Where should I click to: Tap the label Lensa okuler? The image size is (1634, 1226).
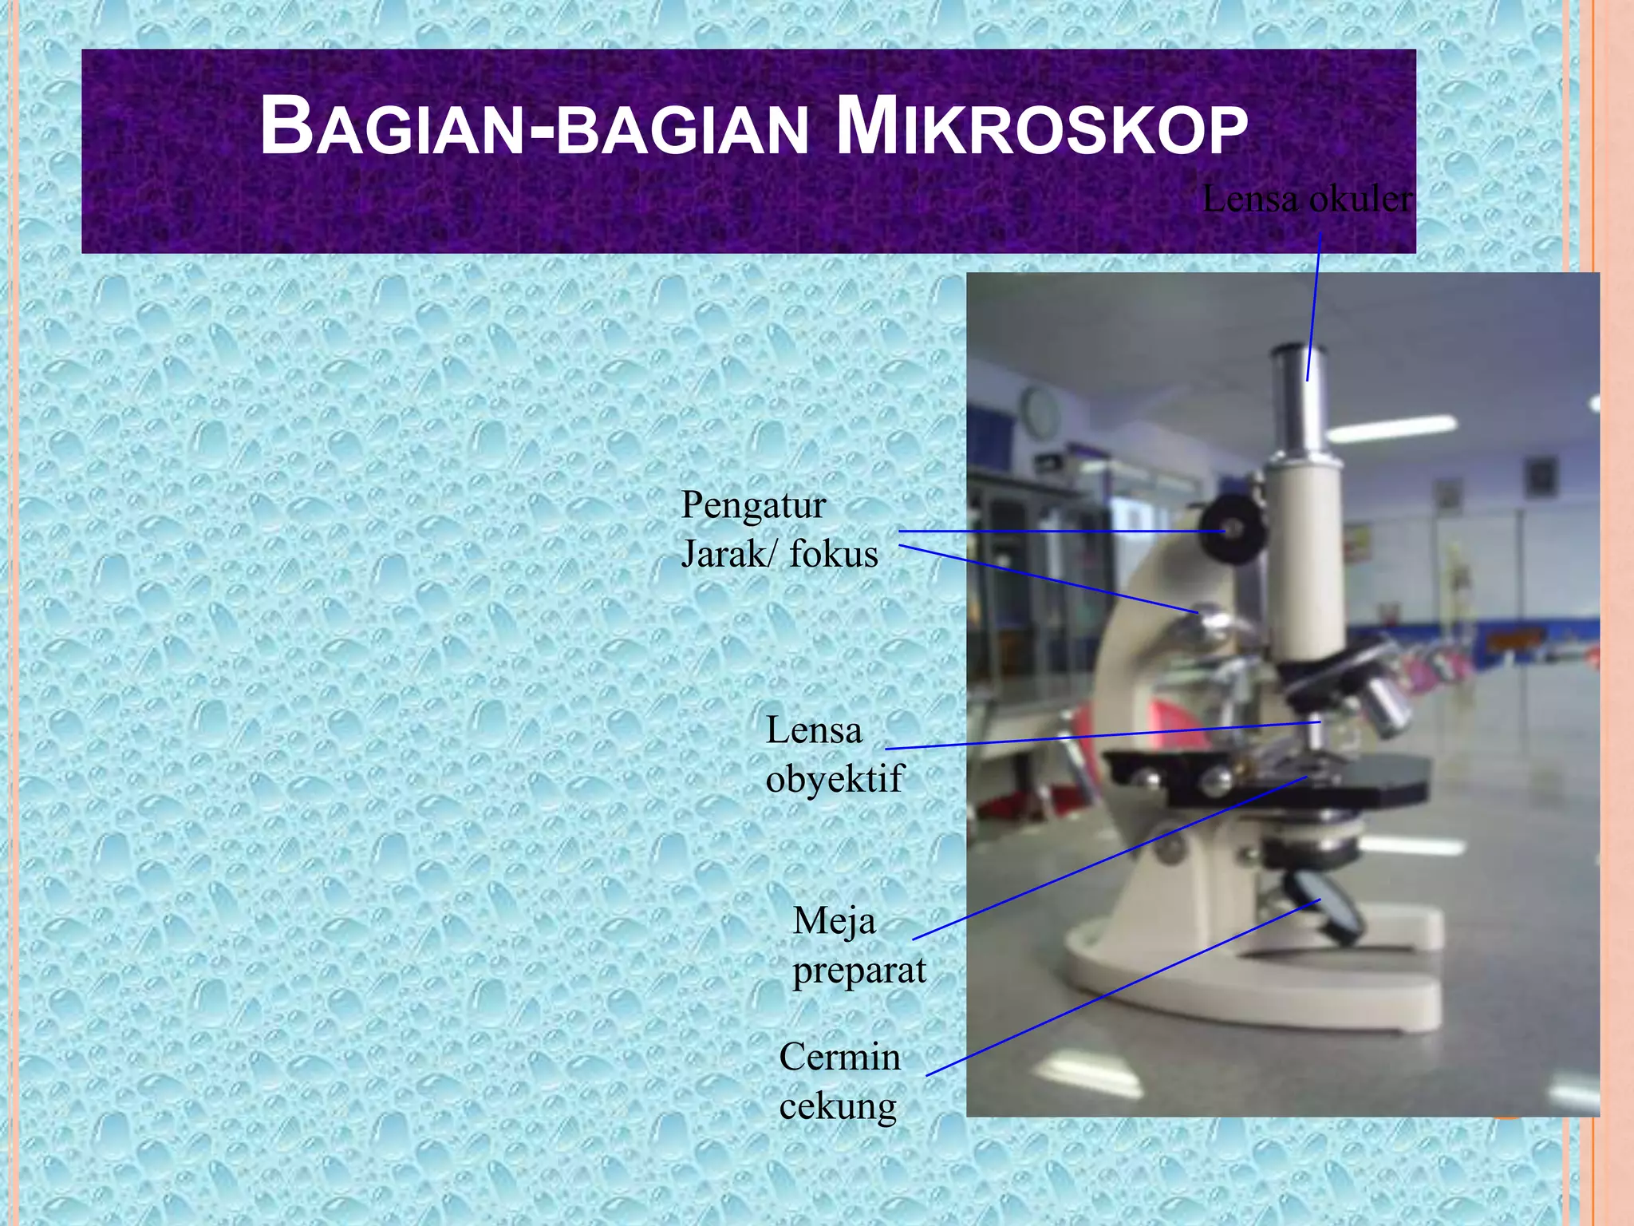point(1306,199)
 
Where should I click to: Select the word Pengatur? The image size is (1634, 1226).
point(753,505)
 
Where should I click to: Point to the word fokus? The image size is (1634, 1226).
point(833,554)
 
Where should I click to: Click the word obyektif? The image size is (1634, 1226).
point(834,778)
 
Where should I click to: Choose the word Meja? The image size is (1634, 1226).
point(834,921)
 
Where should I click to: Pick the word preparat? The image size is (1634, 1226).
point(858,971)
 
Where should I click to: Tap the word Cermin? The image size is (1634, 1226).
point(839,1057)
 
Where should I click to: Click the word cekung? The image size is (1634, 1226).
point(838,1106)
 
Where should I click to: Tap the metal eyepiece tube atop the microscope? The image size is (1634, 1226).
point(1299,399)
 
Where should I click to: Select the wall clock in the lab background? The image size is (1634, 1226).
point(1040,411)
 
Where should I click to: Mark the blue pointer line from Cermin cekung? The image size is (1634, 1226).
point(1117,991)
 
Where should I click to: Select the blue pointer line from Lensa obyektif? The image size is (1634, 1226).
point(1101,736)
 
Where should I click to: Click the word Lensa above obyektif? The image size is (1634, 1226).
point(814,730)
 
